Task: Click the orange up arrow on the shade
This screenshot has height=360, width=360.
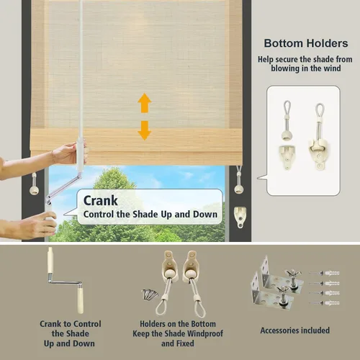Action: [x=145, y=103]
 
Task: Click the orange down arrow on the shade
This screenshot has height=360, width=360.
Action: [x=145, y=130]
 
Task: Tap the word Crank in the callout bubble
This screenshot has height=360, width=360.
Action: [x=100, y=201]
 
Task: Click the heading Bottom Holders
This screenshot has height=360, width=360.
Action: [x=306, y=43]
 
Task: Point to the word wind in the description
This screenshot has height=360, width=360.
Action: [x=332, y=68]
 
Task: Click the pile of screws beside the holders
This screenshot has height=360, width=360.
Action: [x=150, y=294]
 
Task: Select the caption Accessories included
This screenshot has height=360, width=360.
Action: [x=295, y=330]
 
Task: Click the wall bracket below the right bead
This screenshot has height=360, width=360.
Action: [x=240, y=217]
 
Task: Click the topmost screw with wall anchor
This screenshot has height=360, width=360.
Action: [x=325, y=273]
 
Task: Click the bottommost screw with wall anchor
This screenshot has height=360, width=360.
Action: [x=325, y=303]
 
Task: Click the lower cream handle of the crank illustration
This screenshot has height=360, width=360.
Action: [x=80, y=301]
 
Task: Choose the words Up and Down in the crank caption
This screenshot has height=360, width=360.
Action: [x=69, y=343]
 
